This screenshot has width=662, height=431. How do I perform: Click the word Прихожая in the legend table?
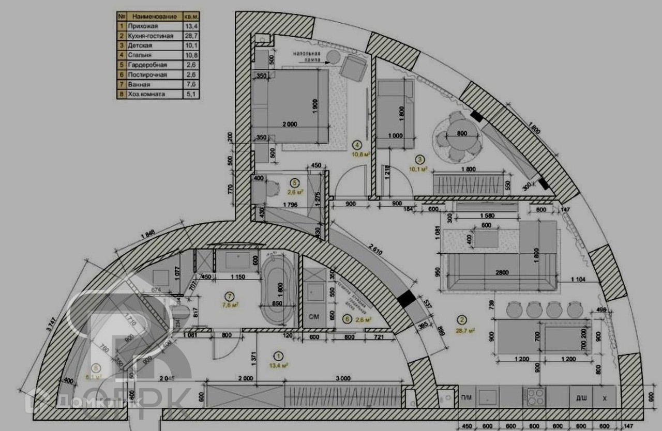coord(143,26)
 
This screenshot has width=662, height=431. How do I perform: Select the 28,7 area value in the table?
coord(190,36)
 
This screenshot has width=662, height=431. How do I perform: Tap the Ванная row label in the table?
coord(139,85)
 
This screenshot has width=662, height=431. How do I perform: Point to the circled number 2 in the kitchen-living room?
coord(462,320)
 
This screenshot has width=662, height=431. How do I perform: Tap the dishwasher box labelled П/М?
coord(467,397)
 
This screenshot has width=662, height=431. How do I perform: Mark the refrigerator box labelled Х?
coord(604,397)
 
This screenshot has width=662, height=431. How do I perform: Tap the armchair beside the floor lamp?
coord(354,67)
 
